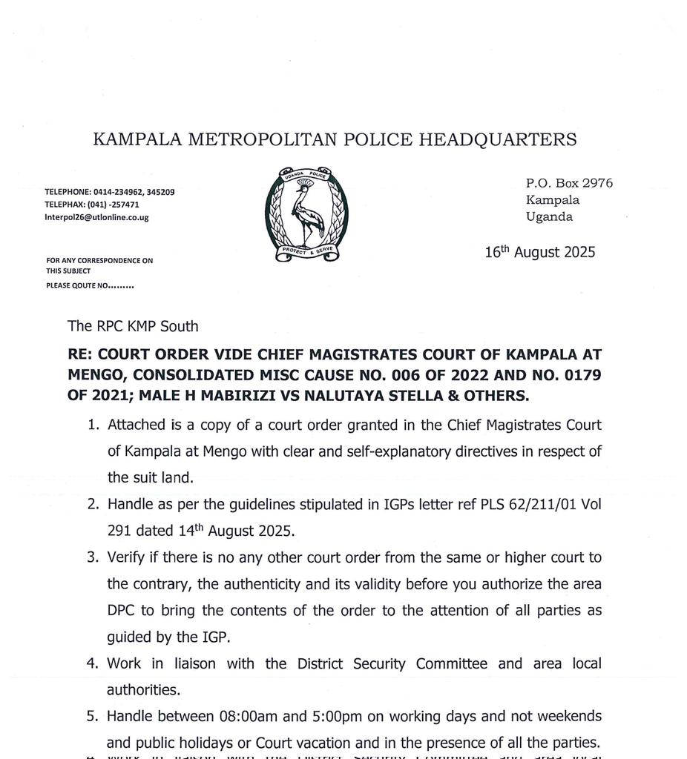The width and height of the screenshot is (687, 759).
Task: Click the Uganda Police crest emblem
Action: click(x=306, y=213)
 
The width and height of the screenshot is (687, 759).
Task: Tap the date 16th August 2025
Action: click(x=539, y=252)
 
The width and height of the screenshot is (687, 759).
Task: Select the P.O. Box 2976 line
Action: click(x=569, y=183)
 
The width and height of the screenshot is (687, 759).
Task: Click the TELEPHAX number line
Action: click(x=91, y=205)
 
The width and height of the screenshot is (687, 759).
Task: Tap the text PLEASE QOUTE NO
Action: click(x=89, y=285)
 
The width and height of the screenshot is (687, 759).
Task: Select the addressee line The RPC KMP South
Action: click(x=133, y=325)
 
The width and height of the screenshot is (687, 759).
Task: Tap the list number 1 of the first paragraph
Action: click(x=93, y=425)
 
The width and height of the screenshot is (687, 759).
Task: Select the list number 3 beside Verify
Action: click(x=93, y=557)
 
